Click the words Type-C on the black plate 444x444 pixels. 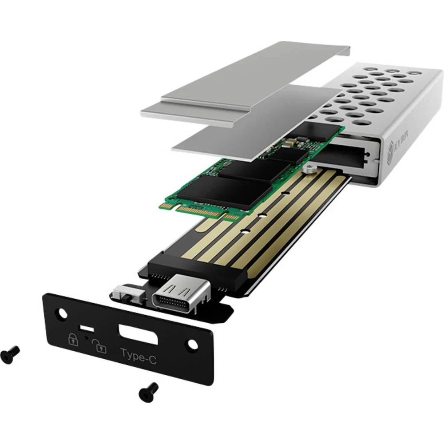(138, 355)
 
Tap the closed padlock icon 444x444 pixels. (72, 340)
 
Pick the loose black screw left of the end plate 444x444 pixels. (10, 353)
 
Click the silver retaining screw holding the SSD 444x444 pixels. (309, 168)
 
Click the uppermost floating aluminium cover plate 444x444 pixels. (240, 84)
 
